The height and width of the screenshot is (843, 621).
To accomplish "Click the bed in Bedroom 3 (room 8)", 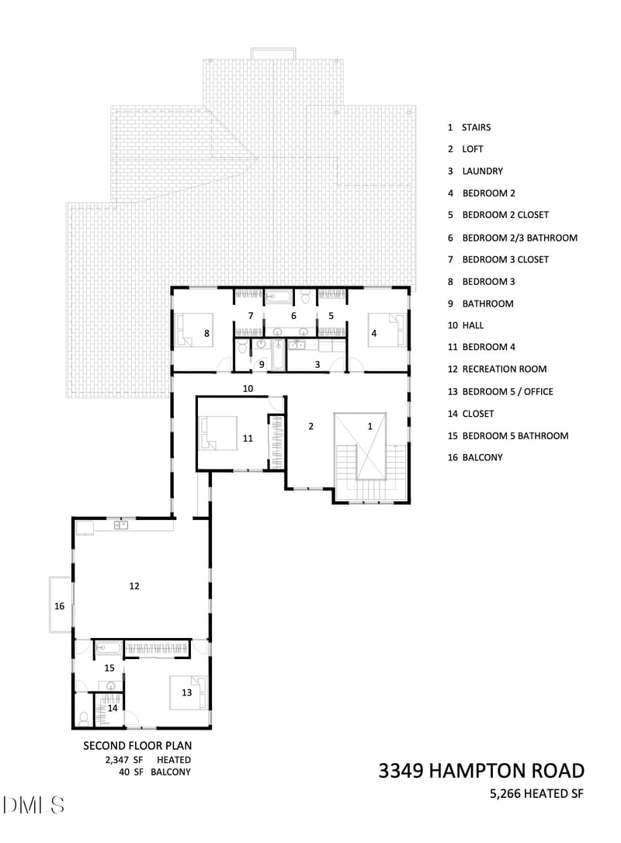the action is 193,330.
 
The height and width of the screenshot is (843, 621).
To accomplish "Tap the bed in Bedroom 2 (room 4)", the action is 386,330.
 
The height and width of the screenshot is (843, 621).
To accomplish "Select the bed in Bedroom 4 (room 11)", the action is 218,433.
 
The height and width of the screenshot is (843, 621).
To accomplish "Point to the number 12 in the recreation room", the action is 134,586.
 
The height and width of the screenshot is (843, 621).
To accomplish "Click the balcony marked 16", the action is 60,605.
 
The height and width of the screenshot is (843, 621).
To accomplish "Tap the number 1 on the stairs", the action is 370,426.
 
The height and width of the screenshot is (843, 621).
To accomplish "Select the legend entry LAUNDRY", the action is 482,171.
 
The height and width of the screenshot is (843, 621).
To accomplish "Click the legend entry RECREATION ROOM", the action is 505,369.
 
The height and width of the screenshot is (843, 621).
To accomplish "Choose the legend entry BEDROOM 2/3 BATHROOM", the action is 520,238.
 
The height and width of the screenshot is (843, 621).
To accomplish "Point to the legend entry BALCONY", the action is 482,457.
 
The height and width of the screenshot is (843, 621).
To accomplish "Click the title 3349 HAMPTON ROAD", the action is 481,771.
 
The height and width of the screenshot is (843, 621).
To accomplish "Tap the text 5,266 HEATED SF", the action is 536,793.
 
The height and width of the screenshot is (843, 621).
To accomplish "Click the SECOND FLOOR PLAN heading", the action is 137,746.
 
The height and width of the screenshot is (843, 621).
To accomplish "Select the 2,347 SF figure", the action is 123,760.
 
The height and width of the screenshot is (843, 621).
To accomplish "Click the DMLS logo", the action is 33,806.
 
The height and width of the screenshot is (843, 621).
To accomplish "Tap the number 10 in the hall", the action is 248,389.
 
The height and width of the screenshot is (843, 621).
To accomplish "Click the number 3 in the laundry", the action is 317,365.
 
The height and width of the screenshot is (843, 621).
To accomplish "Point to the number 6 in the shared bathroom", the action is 293,316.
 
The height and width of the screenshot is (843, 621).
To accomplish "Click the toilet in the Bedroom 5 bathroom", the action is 84,718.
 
